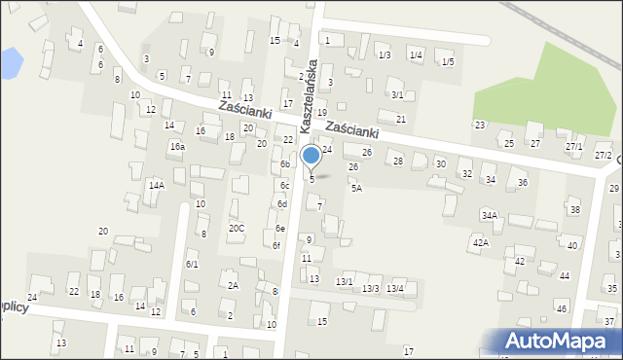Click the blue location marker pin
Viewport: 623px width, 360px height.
point(311,156)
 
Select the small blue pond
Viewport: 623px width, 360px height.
point(10,64)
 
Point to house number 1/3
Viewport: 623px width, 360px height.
point(385,55)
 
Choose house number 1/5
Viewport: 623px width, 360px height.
point(448,62)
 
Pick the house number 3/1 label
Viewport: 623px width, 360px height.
point(397,95)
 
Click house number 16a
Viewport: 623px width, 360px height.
point(177,147)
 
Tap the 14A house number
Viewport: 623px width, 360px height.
point(156,185)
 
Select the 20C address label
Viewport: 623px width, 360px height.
point(237,229)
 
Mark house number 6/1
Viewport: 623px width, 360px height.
point(193,265)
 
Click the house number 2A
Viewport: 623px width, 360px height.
point(233,286)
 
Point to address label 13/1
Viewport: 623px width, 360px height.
point(344,282)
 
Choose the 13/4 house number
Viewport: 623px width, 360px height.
point(394,289)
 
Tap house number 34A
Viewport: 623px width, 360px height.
point(489,216)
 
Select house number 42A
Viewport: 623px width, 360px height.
point(481,242)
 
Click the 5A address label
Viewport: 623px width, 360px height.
point(357,189)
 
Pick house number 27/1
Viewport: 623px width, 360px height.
point(574,147)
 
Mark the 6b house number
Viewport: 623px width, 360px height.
point(285,164)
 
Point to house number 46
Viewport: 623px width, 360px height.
point(561,308)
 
